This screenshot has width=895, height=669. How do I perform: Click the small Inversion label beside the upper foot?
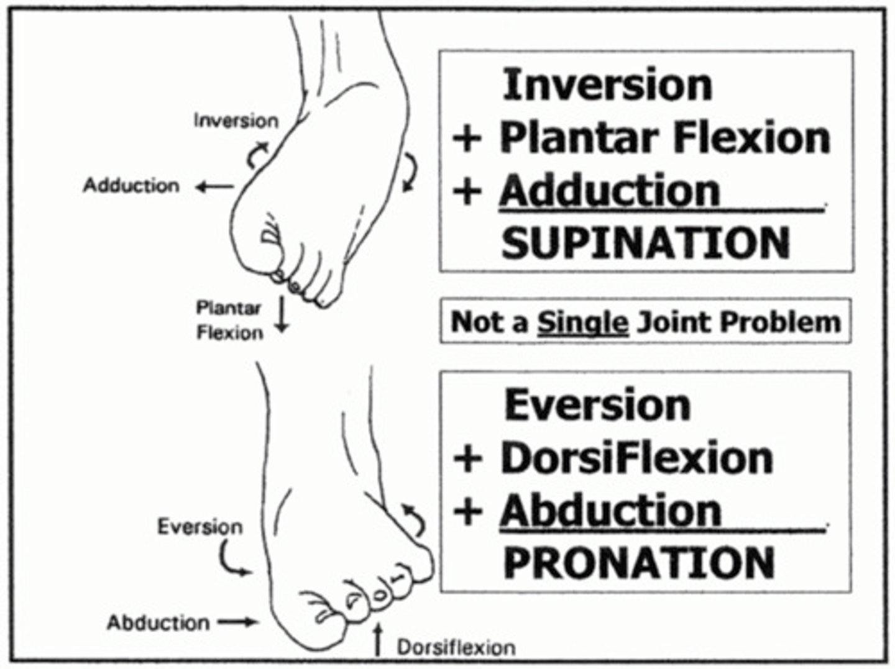pyautogui.click(x=236, y=120)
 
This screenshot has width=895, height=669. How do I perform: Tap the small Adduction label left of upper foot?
pyautogui.click(x=131, y=185)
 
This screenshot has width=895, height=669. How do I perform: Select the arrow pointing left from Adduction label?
pyautogui.click(x=213, y=186)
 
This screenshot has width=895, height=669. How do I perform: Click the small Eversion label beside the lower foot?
pyautogui.click(x=200, y=527)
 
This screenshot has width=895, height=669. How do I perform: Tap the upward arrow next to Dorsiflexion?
pyautogui.click(x=377, y=640)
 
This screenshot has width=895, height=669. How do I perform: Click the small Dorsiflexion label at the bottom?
pyautogui.click(x=456, y=647)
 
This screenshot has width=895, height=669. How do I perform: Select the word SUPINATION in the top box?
pyautogui.click(x=645, y=243)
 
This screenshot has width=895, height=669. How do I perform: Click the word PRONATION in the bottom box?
pyautogui.click(x=639, y=563)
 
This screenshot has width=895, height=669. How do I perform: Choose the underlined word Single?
pyautogui.click(x=582, y=322)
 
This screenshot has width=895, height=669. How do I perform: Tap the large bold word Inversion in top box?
pyautogui.click(x=607, y=84)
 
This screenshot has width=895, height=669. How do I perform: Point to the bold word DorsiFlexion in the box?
pyautogui.click(x=636, y=458)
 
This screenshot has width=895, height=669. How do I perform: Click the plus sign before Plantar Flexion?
pyautogui.click(x=468, y=138)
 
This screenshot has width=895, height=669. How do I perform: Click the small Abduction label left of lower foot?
pyautogui.click(x=158, y=622)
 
